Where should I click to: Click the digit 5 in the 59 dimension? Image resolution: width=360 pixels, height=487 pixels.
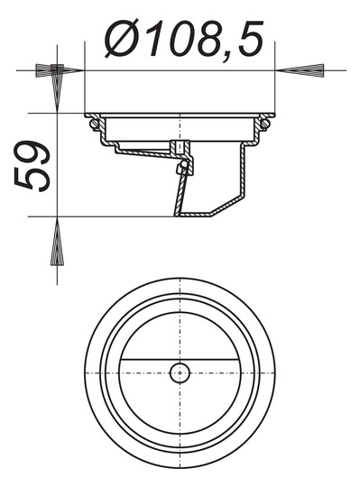pyautogui.click(x=34, y=177)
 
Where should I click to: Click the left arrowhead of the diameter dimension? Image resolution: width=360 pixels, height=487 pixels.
pyautogui.click(x=53, y=69)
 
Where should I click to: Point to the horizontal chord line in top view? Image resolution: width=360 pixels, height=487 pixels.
pyautogui.click(x=135, y=360)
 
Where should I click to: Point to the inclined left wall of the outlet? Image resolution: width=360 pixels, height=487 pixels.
pyautogui.click(x=178, y=194)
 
